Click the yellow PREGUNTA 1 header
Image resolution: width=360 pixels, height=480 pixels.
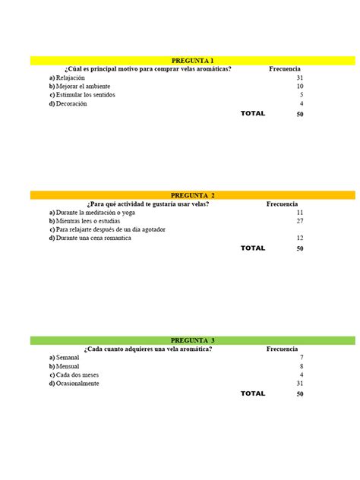[192, 61]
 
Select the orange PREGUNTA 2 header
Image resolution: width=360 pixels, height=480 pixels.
[192, 195]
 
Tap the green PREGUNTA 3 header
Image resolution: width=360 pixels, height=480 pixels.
[192, 340]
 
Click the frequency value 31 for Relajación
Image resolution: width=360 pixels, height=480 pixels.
[300, 78]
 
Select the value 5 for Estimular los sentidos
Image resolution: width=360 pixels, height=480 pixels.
[302, 95]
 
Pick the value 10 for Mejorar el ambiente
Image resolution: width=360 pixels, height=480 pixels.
[300, 87]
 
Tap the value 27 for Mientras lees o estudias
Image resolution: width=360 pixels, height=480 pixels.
[300, 221]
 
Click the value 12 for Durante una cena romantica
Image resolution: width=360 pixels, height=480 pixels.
[300, 238]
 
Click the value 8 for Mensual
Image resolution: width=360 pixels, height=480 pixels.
[302, 366]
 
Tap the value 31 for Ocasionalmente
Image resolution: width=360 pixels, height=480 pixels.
[300, 384]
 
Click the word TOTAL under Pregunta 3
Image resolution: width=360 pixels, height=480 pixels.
[253, 393]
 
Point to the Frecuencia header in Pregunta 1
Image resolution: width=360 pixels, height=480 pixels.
[285, 69]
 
